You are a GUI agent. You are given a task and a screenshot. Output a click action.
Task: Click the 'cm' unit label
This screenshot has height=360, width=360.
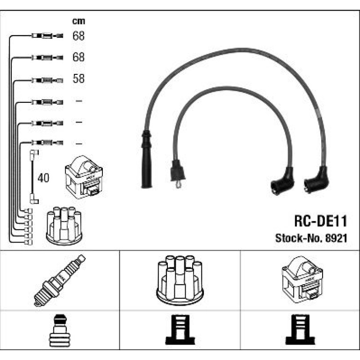(x=79, y=22)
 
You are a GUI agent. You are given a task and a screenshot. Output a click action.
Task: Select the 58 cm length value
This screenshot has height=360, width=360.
(x=79, y=79)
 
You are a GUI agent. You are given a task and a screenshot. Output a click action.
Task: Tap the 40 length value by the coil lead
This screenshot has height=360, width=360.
(x=43, y=178)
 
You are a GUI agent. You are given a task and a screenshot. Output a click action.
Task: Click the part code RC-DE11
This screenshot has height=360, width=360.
(x=321, y=221)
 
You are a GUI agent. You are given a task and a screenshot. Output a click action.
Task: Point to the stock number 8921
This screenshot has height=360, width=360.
(x=336, y=238)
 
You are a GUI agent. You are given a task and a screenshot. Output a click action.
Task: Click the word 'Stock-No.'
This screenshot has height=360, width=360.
(x=299, y=238)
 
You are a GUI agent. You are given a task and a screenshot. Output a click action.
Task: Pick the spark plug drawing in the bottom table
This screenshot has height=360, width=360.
(x=60, y=281)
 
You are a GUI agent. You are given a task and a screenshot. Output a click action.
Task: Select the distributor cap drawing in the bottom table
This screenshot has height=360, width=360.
(x=180, y=280)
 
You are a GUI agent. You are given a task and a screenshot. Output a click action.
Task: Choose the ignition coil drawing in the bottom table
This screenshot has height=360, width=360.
(x=302, y=280)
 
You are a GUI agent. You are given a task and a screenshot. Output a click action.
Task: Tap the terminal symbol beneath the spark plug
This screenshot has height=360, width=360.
(x=60, y=331)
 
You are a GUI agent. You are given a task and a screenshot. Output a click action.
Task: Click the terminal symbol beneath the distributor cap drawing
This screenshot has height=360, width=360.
(x=180, y=330)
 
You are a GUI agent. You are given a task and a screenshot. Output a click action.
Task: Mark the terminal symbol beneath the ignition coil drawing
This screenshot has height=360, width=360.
(x=300, y=330)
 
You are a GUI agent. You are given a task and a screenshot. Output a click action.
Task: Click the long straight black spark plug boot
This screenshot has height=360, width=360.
(x=146, y=159)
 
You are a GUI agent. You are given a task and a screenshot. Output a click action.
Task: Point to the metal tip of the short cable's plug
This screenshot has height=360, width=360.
(x=179, y=184)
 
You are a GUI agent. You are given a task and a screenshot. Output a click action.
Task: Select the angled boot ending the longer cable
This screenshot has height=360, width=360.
(x=317, y=180)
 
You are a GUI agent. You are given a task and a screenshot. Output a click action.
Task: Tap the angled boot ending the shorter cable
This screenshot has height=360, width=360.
(x=282, y=181)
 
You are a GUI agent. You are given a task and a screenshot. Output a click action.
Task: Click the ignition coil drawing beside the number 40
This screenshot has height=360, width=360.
(x=84, y=177)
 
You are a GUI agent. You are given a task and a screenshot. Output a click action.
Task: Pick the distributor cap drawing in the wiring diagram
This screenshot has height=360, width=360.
(x=64, y=226)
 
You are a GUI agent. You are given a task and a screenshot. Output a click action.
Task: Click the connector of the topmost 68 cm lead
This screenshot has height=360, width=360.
(x=47, y=36)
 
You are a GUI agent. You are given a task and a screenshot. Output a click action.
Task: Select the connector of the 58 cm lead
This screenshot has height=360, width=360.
(x=47, y=80)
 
